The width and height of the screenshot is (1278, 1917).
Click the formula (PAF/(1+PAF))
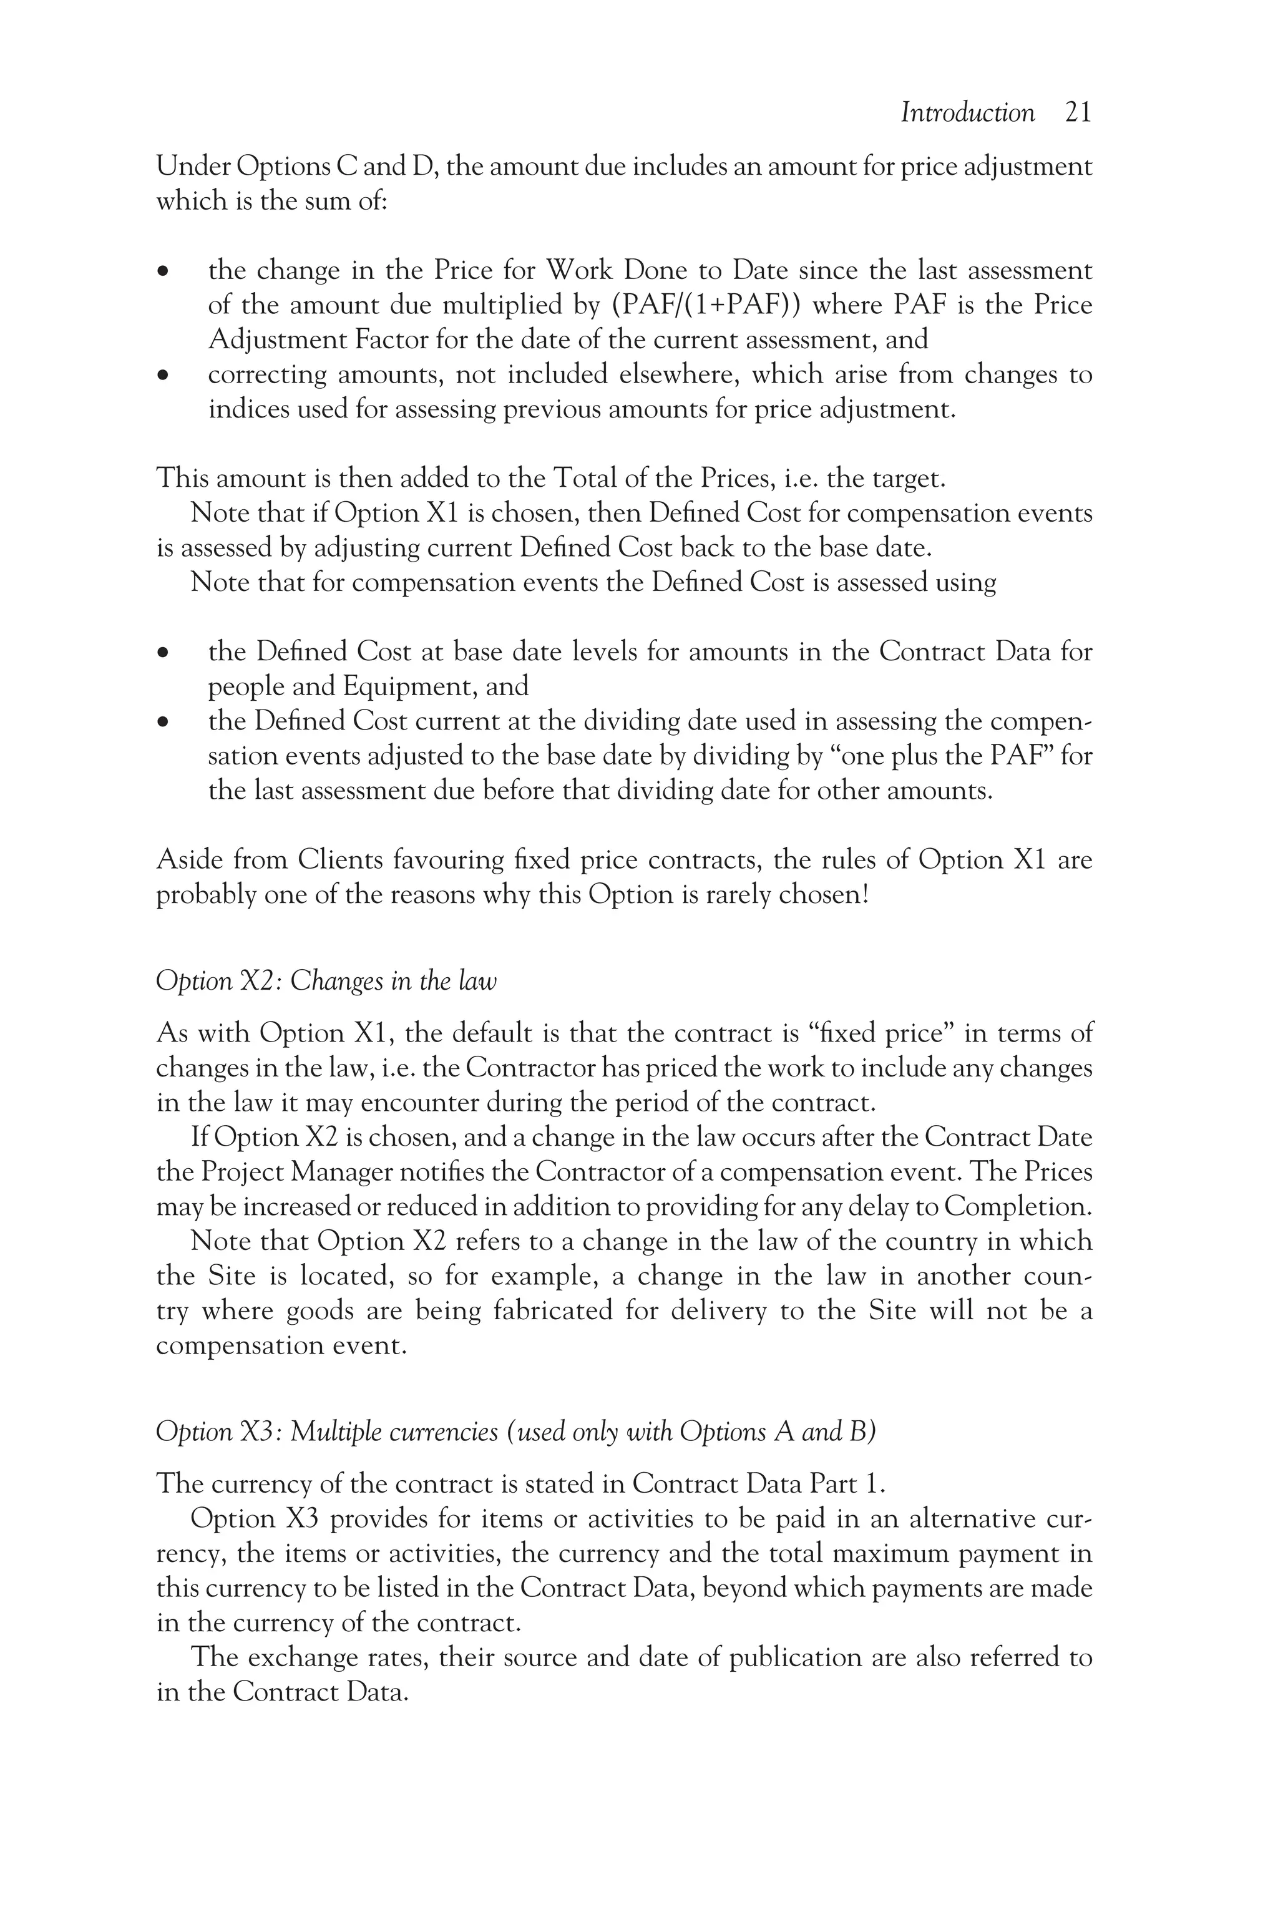tap(706, 305)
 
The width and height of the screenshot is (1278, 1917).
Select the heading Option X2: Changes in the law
tap(326, 980)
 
